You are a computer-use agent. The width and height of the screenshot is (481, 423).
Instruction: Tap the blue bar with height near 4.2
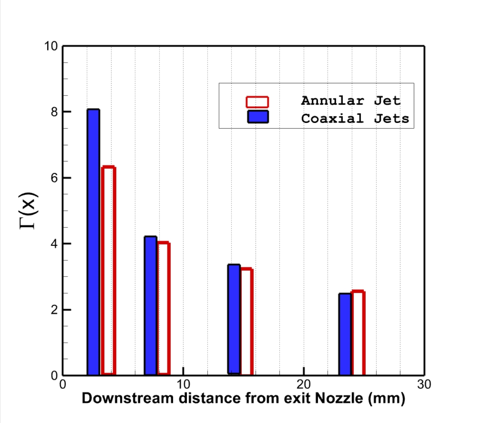(x=151, y=305)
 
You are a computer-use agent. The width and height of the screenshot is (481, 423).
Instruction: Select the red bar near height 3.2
(x=247, y=321)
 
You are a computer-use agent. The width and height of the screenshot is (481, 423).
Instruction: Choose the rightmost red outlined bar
(x=358, y=333)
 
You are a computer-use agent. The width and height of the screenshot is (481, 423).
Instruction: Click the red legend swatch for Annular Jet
(x=257, y=102)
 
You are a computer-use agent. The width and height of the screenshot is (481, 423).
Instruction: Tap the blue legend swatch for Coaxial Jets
(x=258, y=117)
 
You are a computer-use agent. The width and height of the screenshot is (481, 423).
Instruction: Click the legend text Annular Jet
(x=350, y=100)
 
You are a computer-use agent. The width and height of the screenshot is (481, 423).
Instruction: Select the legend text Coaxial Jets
(x=355, y=119)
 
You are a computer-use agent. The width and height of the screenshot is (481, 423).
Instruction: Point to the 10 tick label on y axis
(x=51, y=46)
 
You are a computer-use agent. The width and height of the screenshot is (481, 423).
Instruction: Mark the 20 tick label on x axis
(x=304, y=384)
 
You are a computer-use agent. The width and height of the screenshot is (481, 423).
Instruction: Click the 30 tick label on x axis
(x=424, y=384)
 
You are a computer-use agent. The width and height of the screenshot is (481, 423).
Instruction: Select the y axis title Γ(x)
(x=29, y=210)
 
